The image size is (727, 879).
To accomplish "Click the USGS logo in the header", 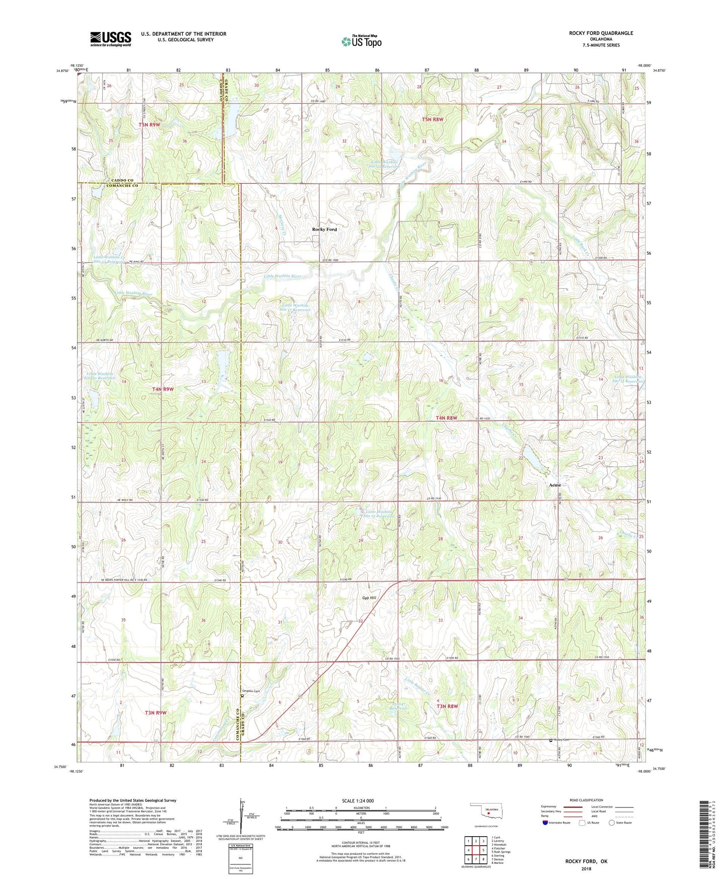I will point(111,39).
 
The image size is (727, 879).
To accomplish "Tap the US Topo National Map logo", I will point(361,41).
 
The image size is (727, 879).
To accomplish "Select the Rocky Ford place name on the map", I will point(325,230).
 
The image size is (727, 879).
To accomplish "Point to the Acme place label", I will point(554,485).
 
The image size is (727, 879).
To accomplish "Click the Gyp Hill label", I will point(369,598).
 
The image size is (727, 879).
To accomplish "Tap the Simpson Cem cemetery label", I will point(252,691).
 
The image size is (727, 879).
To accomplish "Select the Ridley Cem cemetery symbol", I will point(551,741).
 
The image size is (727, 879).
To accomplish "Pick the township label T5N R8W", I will point(433,120).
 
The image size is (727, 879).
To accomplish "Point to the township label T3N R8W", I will point(447,706).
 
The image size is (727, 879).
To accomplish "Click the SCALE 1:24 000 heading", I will point(357,801).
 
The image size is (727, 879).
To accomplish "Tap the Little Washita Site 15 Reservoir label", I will point(379,514).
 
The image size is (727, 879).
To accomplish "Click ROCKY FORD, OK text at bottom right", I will point(586,861).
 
